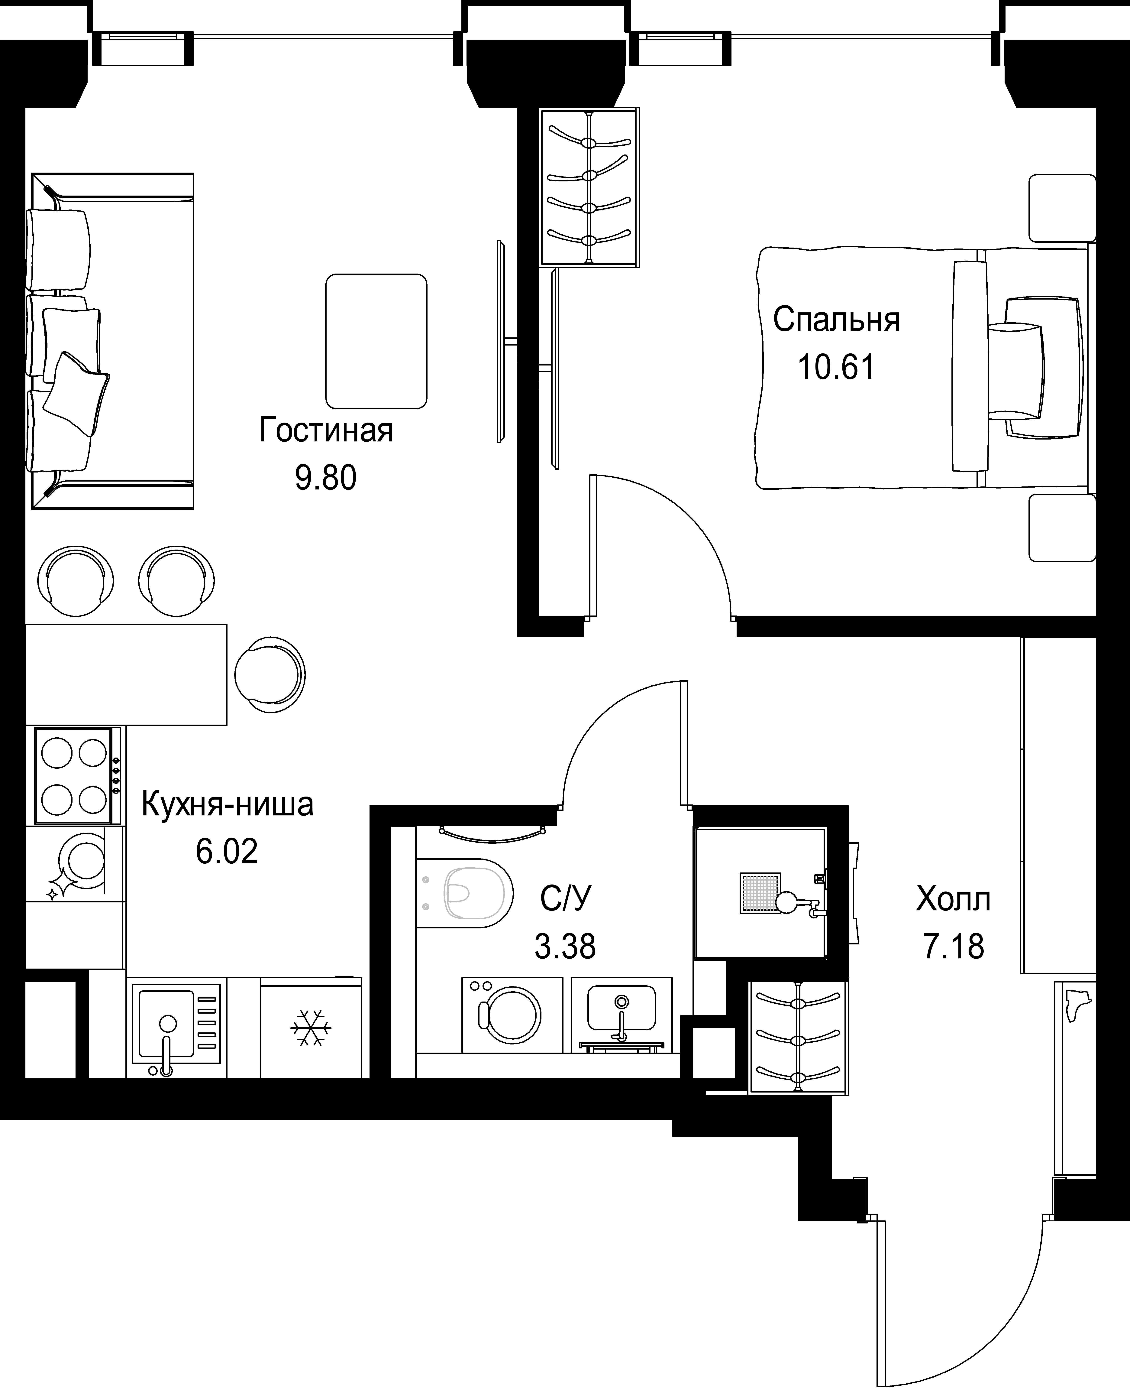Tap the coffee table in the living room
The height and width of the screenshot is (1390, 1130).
coord(376,341)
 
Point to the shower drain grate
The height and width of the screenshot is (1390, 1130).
coord(759,893)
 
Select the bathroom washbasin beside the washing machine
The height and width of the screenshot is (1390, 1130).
coord(622,1014)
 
